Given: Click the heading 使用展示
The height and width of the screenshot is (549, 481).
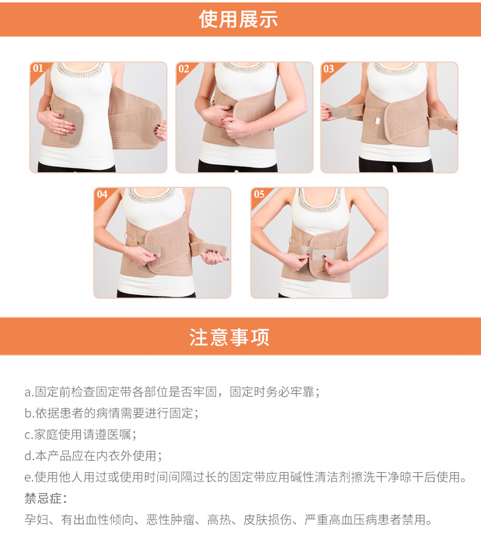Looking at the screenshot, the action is (x=238, y=19).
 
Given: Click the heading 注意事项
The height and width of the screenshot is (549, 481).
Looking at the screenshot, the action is (x=230, y=337).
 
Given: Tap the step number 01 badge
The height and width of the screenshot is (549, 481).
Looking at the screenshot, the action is (x=38, y=68).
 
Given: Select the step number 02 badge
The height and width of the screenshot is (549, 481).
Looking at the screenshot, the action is (x=184, y=69).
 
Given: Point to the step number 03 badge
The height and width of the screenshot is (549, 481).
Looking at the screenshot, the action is (x=329, y=69).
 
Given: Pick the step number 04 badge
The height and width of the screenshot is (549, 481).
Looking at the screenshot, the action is (x=102, y=194).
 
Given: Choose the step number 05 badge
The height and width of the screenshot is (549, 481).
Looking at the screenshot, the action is (x=259, y=194).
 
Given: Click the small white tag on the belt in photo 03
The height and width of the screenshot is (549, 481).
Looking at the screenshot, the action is (x=377, y=121).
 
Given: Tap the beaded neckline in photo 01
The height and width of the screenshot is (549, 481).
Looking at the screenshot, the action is (x=80, y=69).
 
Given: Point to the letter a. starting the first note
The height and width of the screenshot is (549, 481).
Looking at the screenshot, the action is (x=29, y=392).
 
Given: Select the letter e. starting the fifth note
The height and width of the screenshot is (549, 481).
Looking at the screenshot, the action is (x=29, y=477).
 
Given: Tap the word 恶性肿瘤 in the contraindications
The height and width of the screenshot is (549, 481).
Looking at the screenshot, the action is (x=170, y=520).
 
